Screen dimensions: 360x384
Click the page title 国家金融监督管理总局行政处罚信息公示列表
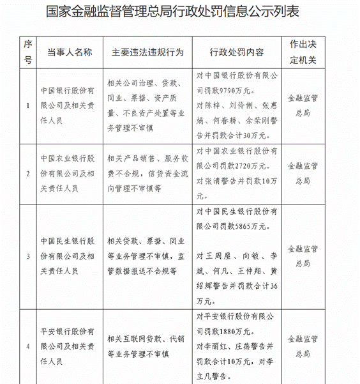181,13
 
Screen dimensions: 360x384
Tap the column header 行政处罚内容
236,52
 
